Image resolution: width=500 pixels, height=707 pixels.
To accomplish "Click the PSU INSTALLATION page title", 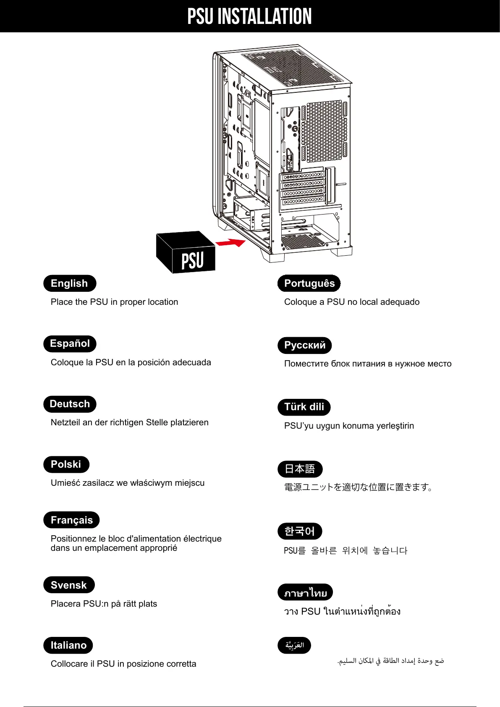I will pos(249,17).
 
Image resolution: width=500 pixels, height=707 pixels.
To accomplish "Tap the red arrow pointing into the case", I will pos(230,243).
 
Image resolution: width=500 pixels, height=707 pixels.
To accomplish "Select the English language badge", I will pos(70,283).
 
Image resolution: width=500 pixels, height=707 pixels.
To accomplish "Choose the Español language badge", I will pos(70,343).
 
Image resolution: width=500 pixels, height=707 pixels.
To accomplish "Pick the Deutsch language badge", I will pos(70,404).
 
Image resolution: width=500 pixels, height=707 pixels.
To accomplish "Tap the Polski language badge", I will pos(66,464).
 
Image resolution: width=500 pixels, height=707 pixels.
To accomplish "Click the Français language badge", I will pos(71,520).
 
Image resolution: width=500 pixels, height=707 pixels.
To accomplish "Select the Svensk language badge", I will pos(69,585).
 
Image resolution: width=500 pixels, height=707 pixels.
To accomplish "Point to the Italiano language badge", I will pos(68,645).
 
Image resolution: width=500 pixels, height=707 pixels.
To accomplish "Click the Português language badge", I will pos(309,283).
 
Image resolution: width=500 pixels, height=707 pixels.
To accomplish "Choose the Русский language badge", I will pos(304,345).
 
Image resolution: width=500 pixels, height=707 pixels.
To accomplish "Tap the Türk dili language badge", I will pos(304,407).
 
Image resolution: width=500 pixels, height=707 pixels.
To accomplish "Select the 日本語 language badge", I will pos(300,469).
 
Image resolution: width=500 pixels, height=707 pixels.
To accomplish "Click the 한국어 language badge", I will pos(300,531).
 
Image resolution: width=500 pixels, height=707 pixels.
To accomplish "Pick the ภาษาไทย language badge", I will pos(305,592).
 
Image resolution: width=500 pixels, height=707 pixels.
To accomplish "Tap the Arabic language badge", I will pos(294,645).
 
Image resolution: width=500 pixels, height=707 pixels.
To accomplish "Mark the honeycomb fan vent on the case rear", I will pos(324,131).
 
